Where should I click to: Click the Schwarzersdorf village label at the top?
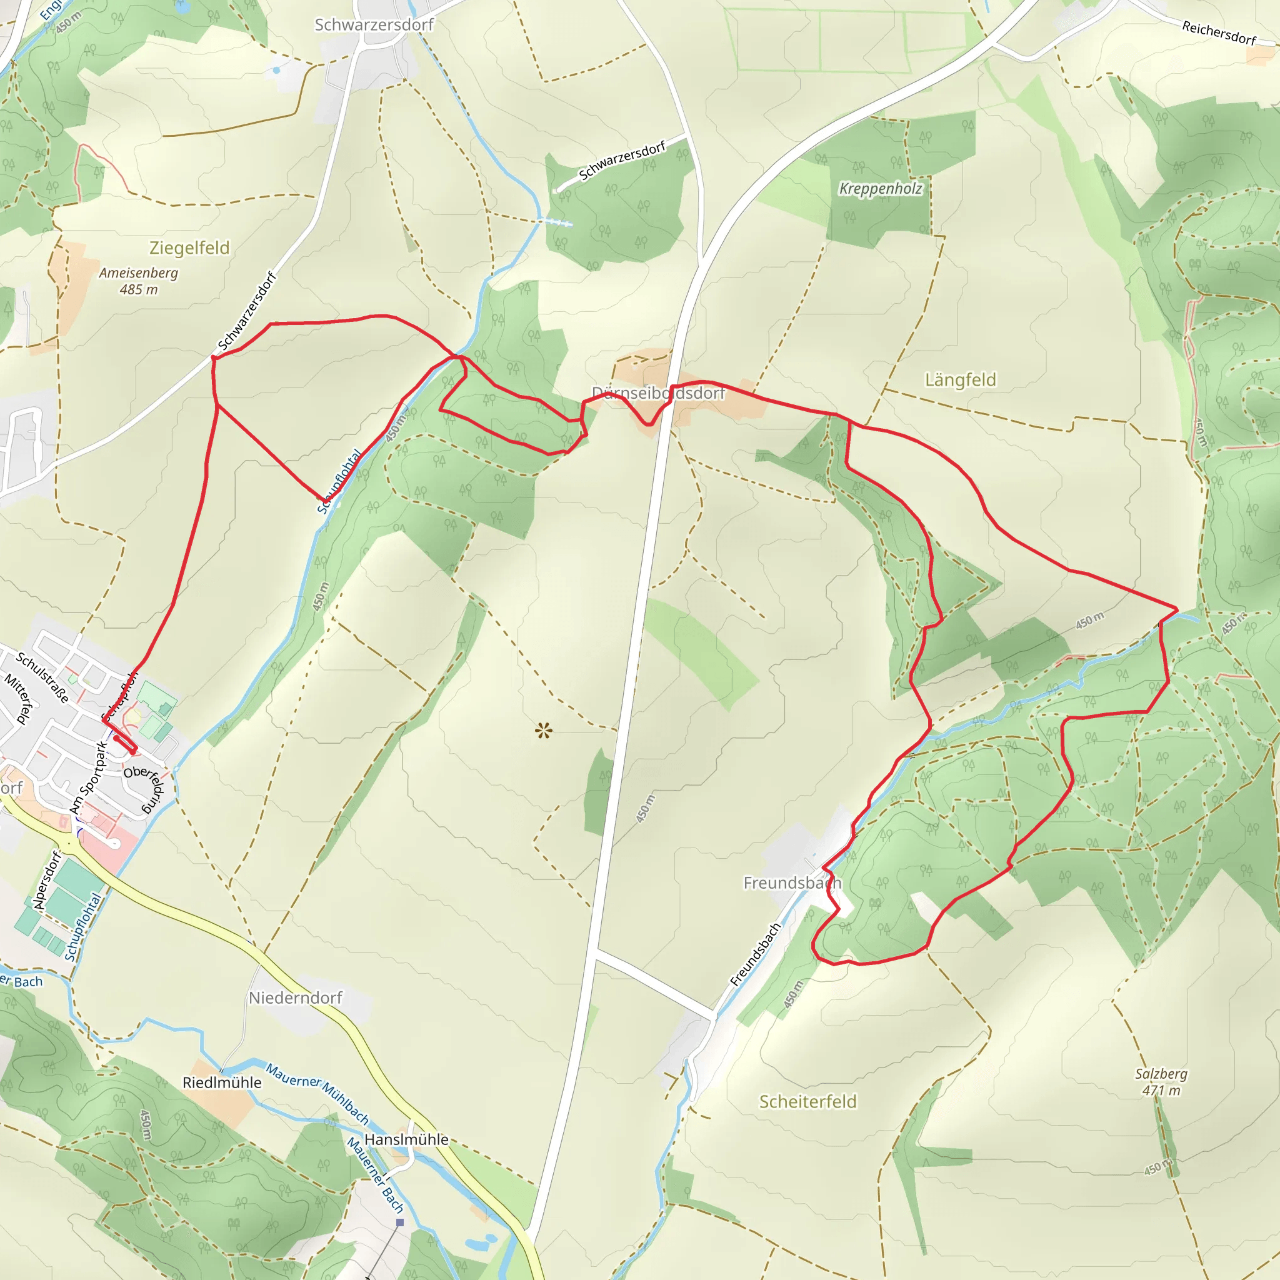(374, 24)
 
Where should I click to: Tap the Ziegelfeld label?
(189, 247)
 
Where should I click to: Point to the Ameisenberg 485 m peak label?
(139, 281)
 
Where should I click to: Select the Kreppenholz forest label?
(881, 189)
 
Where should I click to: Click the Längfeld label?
(960, 379)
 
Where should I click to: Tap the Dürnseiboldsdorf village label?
(658, 393)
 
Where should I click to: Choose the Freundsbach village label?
(792, 882)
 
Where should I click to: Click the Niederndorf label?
(296, 997)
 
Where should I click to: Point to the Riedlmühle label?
(222, 1082)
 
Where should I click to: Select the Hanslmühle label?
(406, 1139)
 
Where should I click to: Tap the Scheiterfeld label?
(807, 1101)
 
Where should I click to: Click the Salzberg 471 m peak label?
(1161, 1081)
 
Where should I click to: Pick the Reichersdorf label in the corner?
(1219, 32)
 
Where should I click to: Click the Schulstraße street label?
(42, 677)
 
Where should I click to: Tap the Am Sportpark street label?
(88, 777)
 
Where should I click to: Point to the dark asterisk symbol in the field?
(543, 731)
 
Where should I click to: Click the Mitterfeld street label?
(19, 698)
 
